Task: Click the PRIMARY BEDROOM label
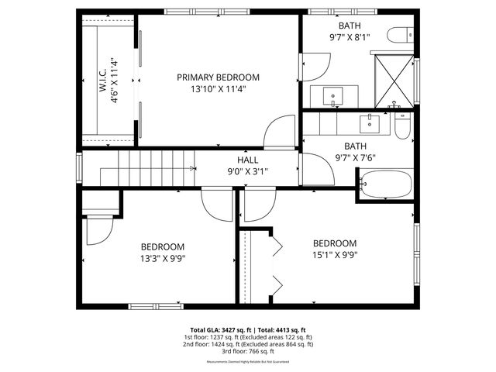pyautogui.click(x=218, y=77)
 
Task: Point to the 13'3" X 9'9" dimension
pyautogui.click(x=163, y=259)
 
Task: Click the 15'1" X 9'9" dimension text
pyautogui.click(x=334, y=254)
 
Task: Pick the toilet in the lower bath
pyautogui.click(x=401, y=126)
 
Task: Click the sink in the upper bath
pyautogui.click(x=335, y=97)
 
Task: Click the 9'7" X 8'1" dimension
pyautogui.click(x=350, y=37)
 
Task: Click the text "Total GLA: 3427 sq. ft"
pyautogui.click(x=217, y=329)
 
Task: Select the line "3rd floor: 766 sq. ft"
pyautogui.click(x=248, y=352)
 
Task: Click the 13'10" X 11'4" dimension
pyautogui.click(x=218, y=88)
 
